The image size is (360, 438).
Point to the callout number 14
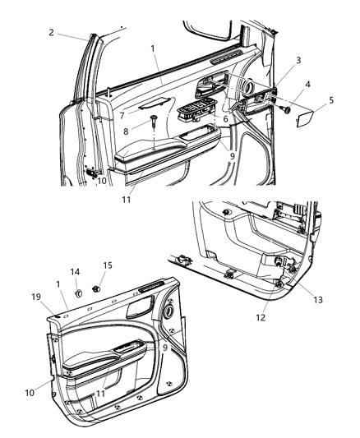pos(75,271)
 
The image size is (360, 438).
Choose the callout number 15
pos(107,265)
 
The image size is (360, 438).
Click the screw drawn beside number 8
pos(155,122)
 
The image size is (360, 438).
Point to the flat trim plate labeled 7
pos(153,104)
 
